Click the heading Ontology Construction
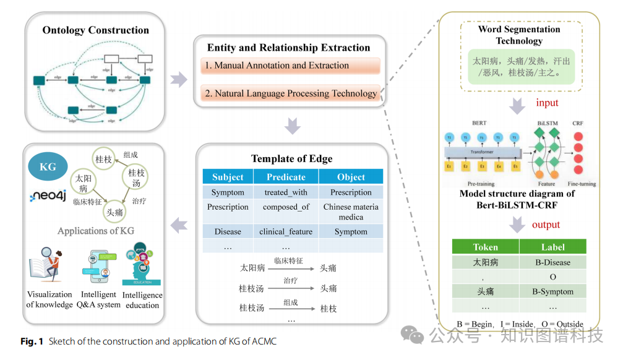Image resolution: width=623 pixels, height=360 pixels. click(95, 30)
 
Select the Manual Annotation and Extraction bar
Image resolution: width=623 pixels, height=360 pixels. click(290, 66)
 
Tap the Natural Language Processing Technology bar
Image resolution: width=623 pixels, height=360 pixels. click(290, 93)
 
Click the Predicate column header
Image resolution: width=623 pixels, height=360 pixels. click(286, 177)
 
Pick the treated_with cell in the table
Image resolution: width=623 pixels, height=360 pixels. click(286, 192)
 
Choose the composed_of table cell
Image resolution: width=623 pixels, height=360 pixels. click(286, 207)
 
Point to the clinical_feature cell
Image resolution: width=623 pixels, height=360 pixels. click(286, 232)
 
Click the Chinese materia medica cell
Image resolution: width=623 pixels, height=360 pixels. click(351, 212)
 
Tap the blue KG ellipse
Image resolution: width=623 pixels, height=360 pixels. click(48, 167)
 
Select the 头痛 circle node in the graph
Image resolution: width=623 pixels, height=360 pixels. click(115, 212)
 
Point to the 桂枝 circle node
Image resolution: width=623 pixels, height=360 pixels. click(103, 160)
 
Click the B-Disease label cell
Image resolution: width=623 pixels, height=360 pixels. click(552, 262)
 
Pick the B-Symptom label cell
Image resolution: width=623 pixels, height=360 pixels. click(552, 291)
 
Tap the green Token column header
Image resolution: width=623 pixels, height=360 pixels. click(485, 247)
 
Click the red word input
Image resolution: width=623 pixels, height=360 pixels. click(547, 103)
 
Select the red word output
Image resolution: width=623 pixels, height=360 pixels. click(546, 225)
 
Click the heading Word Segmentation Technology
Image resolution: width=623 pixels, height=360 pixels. click(519, 35)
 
